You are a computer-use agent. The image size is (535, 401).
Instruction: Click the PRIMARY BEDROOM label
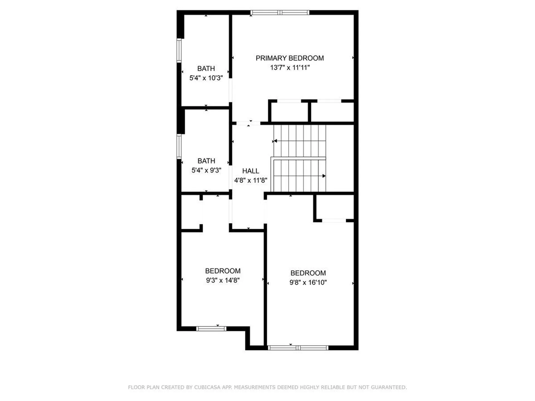[x=290, y=58]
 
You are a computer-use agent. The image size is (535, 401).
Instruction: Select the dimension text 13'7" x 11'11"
[x=290, y=68]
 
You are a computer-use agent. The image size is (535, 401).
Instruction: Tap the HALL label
[x=251, y=171]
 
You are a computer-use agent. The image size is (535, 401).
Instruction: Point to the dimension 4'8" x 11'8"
[x=251, y=180]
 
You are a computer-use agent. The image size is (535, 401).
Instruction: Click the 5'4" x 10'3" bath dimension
[x=206, y=78]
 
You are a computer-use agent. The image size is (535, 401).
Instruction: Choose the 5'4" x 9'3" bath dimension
[x=206, y=170]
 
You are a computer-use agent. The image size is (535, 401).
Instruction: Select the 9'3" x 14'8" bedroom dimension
[x=223, y=280]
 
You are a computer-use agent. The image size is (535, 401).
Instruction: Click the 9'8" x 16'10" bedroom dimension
[x=308, y=282]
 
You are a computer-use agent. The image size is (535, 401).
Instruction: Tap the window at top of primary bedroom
[x=280, y=13]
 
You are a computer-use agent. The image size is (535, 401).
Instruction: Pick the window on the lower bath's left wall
[x=179, y=146]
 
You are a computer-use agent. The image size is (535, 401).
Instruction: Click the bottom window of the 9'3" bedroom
[x=211, y=329]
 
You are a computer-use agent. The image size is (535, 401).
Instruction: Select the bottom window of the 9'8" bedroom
[x=298, y=348]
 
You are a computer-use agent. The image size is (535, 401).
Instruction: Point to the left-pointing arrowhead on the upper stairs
[x=275, y=141]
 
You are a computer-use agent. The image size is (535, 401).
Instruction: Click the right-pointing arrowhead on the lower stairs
[x=324, y=176]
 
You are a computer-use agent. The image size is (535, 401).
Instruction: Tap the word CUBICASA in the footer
[x=207, y=387]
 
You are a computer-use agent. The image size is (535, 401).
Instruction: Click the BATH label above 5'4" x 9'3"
[x=206, y=161]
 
